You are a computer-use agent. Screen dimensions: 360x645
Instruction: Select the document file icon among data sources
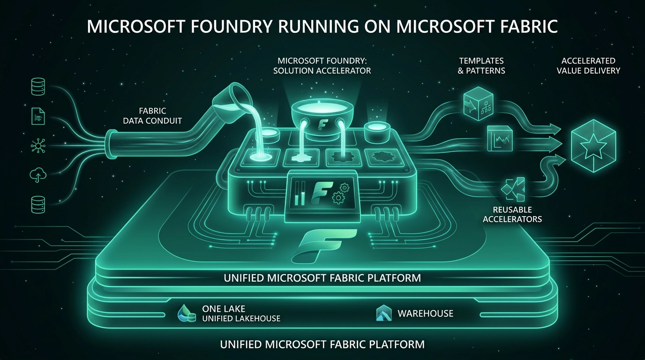coord(38,116)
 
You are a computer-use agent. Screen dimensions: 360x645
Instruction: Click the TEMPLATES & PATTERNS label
coord(481,66)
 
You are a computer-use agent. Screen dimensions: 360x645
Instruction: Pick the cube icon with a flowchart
coord(476,103)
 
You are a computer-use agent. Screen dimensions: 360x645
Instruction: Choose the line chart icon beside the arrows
coord(500,139)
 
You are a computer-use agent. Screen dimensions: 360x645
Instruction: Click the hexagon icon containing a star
coord(593,145)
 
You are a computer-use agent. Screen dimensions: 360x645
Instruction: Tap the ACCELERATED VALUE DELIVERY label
coord(588,66)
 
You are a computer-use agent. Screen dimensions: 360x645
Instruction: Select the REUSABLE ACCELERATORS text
coord(512,214)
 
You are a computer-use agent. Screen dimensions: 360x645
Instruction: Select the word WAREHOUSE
coord(425,313)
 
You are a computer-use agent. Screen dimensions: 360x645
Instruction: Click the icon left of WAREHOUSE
coord(383,313)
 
